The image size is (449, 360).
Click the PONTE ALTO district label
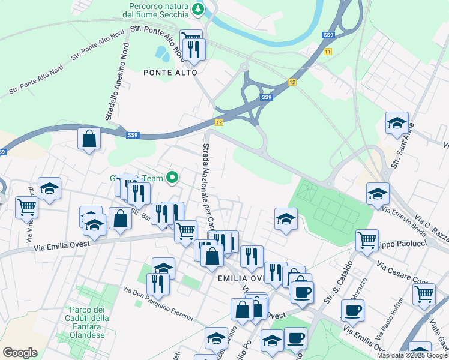[170, 72]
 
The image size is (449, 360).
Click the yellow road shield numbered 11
[327, 52]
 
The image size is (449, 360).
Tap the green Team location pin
[173, 178]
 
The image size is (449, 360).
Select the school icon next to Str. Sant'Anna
[397, 124]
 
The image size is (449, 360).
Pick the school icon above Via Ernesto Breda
[378, 194]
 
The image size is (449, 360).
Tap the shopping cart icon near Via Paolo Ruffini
[424, 295]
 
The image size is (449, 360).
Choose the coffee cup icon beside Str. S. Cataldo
[352, 311]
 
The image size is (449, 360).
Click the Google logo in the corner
[20, 353]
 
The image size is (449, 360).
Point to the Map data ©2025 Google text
[411, 355]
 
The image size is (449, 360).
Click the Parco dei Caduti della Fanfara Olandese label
[88, 322]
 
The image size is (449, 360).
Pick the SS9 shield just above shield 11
[327, 35]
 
